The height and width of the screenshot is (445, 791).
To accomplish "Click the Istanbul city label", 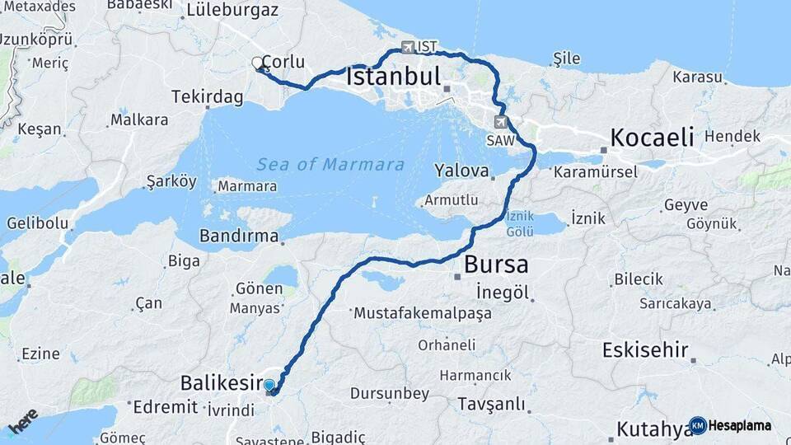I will tap(394, 77).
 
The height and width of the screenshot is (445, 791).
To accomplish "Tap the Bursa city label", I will tap(496, 265).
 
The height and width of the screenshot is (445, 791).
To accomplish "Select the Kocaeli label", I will tap(651, 137).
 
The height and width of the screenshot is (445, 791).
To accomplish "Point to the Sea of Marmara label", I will tap(330, 165).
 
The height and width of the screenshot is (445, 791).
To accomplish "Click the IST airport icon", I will tap(408, 47).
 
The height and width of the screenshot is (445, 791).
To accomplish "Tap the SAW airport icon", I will tap(500, 122).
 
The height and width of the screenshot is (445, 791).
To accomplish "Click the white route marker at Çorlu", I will tap(258, 63).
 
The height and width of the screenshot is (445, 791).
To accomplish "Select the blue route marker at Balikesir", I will tap(269, 385).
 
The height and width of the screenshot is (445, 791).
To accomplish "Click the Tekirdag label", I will tap(207, 97).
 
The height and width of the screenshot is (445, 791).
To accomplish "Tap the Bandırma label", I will tap(239, 237).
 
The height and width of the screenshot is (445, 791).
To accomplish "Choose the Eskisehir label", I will tap(645, 350).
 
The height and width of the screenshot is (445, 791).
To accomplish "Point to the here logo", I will tap(23, 421).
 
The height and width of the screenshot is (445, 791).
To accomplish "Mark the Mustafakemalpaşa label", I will tap(423, 313).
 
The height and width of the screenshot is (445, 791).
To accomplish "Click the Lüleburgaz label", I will tap(232, 11).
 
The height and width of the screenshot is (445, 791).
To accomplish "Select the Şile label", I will tap(567, 59).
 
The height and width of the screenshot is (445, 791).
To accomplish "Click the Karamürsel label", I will tap(596, 172).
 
